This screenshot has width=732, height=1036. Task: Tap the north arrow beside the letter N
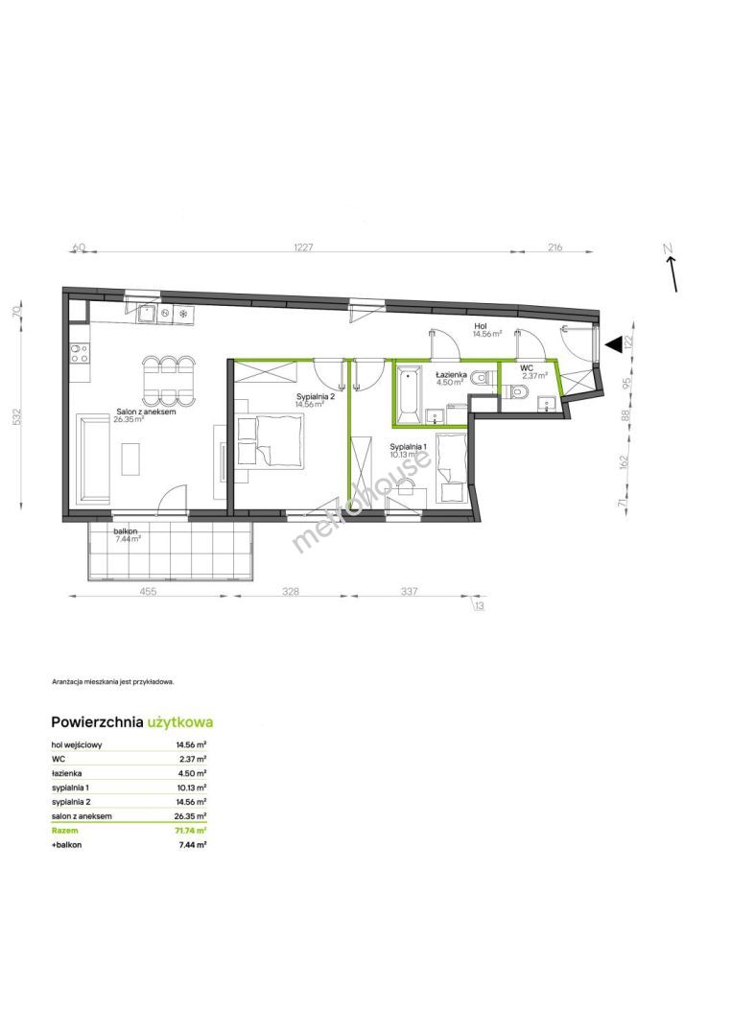673,273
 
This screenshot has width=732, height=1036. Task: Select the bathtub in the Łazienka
409,395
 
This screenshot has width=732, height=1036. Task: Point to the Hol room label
481,326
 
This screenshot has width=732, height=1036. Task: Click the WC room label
527,367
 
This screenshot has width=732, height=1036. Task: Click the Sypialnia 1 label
409,446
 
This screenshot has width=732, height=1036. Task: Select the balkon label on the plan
126,530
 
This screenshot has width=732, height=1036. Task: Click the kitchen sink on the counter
147,315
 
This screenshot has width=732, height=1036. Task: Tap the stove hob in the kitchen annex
80,353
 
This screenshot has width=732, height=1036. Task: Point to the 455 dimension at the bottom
149,591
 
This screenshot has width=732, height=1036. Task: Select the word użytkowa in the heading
180,722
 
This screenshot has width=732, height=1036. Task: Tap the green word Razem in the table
64,831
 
